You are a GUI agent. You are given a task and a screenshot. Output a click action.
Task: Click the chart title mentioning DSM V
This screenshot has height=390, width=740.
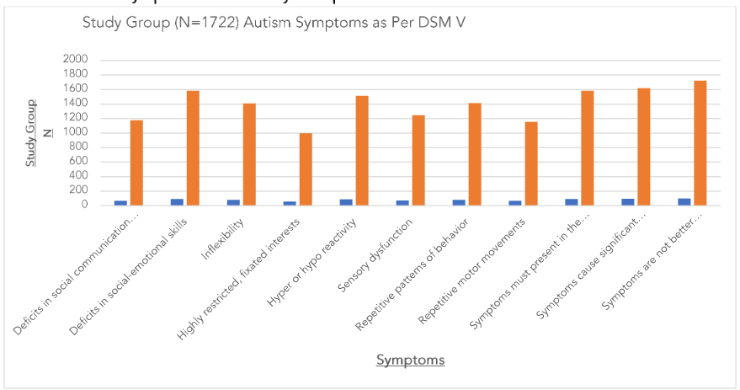coord(274,22)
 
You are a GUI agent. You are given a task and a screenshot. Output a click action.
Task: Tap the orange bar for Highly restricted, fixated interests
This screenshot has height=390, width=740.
coord(306,168)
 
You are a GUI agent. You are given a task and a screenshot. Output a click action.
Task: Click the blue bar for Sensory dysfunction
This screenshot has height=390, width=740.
coord(402,202)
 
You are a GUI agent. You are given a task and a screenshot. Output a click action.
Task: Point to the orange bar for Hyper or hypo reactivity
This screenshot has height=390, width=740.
coord(362,150)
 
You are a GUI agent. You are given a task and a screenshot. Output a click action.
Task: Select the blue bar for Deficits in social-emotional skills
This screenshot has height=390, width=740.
coord(177,201)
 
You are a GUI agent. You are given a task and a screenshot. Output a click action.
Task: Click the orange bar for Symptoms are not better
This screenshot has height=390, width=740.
coord(700,142)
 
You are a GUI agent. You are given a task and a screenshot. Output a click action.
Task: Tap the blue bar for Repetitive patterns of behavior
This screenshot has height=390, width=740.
coord(459,202)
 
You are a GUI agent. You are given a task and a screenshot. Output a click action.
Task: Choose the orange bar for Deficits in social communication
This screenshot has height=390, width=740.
coord(136,163)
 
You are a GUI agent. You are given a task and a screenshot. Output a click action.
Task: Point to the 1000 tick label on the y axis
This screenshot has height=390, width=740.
coord(75,133)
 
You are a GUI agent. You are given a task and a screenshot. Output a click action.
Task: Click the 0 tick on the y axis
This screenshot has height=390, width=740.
coord(83,205)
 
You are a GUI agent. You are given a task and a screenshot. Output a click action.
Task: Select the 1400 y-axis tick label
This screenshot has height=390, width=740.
coord(75,104)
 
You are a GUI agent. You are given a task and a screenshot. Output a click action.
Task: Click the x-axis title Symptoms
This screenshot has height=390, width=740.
coord(410,361)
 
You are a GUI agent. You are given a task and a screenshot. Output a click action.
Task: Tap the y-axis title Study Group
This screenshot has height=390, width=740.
coord(31,133)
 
